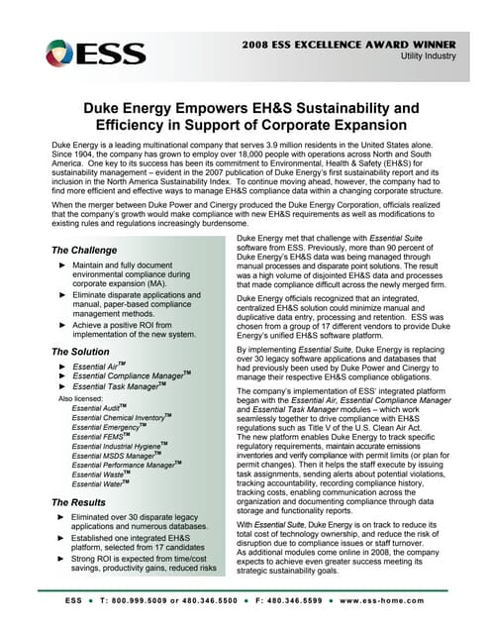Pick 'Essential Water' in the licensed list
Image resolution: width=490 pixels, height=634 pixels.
99,486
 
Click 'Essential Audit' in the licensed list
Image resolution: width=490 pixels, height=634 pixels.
98,408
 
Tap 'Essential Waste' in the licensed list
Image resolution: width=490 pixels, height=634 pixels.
99,475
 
